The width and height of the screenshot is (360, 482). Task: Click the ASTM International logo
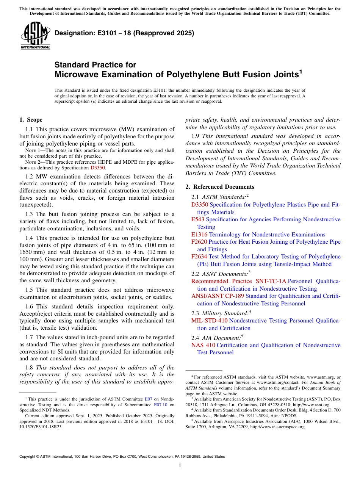point(35,36)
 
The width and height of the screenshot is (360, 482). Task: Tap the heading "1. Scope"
point(31,120)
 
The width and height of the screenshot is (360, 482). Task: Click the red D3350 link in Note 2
point(97,167)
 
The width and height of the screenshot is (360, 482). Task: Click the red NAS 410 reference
point(203,345)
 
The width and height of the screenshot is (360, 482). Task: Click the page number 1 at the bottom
point(180,466)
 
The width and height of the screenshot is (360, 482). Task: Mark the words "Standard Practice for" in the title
point(95,65)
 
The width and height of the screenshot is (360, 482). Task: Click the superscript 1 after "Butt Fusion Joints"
point(301,71)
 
